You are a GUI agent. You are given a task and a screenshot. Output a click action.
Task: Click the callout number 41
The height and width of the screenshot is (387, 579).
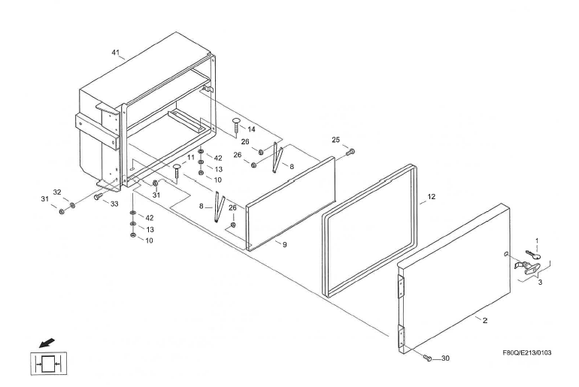[x=116, y=53]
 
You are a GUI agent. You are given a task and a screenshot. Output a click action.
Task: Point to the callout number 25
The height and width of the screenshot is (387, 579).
[x=336, y=141]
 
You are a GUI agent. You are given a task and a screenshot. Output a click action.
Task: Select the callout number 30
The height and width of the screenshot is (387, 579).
[x=445, y=358]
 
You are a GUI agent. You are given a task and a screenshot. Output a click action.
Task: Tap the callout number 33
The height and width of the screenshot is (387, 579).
[x=114, y=203]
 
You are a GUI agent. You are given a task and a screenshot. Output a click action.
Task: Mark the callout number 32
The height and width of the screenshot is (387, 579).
[x=57, y=192]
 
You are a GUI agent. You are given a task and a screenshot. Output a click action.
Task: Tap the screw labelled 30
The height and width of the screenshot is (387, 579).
[x=427, y=358]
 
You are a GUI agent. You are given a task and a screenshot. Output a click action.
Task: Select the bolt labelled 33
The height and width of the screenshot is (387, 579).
[x=98, y=196]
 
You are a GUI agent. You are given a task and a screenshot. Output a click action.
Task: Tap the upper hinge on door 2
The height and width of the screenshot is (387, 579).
[x=400, y=286]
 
